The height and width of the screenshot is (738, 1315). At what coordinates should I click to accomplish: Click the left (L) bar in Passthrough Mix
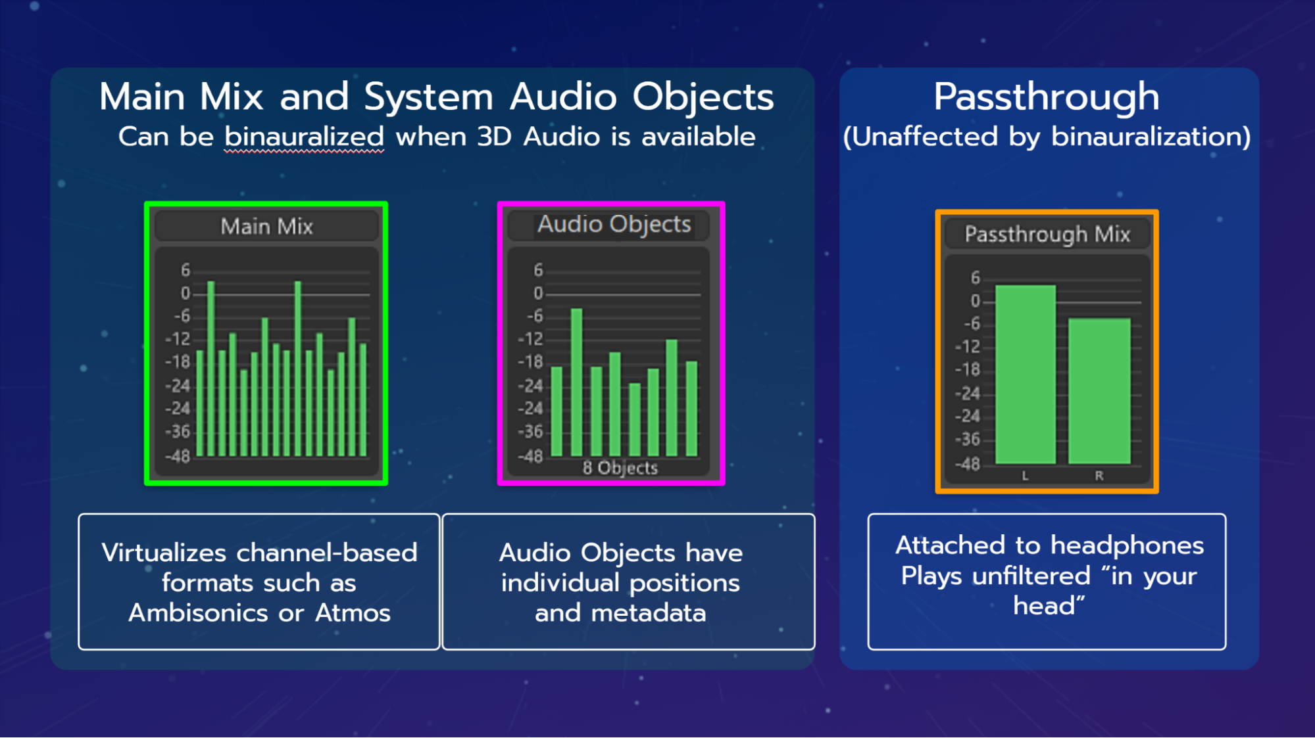click(x=1025, y=375)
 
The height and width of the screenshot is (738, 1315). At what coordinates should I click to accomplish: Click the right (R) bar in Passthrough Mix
click(x=1099, y=391)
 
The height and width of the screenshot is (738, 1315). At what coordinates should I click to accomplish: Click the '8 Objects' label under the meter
click(x=620, y=468)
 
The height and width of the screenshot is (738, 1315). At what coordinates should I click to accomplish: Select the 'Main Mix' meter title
click(x=266, y=227)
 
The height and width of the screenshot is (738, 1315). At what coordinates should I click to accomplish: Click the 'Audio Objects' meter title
click(x=614, y=225)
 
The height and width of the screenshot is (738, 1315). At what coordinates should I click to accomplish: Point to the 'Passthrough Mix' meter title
click(x=1047, y=235)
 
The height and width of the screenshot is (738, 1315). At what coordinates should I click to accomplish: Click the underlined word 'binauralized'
click(x=304, y=137)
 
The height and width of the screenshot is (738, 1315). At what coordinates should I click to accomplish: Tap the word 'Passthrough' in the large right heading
click(x=1047, y=97)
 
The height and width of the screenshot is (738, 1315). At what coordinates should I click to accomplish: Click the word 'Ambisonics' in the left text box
click(x=198, y=613)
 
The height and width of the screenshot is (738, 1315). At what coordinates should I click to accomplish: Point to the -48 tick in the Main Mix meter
click(x=178, y=456)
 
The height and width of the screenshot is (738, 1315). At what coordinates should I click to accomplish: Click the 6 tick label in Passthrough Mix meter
click(x=975, y=278)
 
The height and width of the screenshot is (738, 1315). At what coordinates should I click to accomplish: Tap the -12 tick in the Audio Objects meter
click(x=531, y=339)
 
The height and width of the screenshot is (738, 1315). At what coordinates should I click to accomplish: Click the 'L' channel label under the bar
click(x=1025, y=476)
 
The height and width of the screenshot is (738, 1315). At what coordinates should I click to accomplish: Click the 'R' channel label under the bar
click(x=1099, y=476)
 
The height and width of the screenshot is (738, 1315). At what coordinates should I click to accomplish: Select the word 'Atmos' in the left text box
click(x=353, y=613)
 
